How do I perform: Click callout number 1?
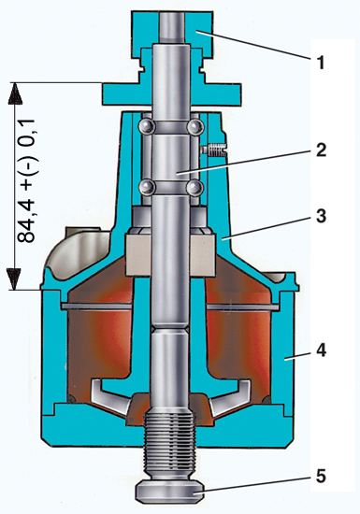321,63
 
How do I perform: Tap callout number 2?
321,150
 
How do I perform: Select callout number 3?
321,217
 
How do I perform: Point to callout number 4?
321,350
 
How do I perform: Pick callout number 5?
321,477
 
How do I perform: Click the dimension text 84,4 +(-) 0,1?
26,180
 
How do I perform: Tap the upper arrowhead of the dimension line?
15,93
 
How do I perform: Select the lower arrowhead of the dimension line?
15,278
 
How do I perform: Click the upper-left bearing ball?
146,126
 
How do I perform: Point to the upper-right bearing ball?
194,126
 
